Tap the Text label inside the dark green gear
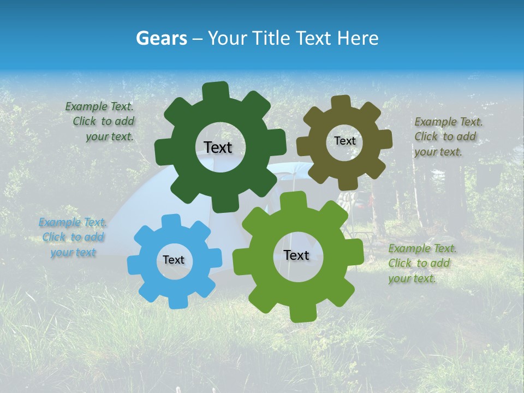[x=218, y=147]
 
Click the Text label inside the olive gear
[x=344, y=141]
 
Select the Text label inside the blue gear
[x=174, y=260]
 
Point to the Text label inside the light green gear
[x=296, y=255]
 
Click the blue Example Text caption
[x=73, y=237]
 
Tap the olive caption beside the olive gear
[x=448, y=136]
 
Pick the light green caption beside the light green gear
[x=422, y=263]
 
